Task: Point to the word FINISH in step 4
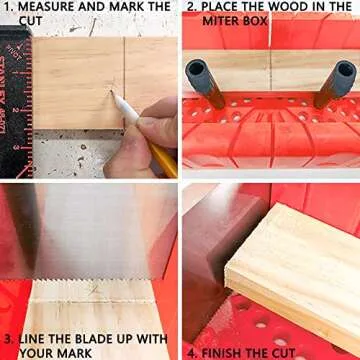coord(232,352)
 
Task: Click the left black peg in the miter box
coord(198,82)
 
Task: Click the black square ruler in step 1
coord(14,100)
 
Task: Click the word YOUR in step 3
coord(40,352)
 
